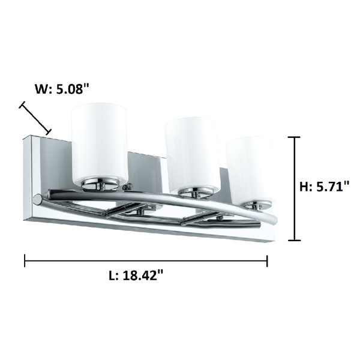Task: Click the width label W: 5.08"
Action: click(62, 89)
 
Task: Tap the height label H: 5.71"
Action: click(325, 187)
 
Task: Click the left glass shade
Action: click(99, 144)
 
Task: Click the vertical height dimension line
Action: click(294, 188)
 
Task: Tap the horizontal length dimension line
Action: click(146, 260)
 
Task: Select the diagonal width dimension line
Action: click(35, 118)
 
